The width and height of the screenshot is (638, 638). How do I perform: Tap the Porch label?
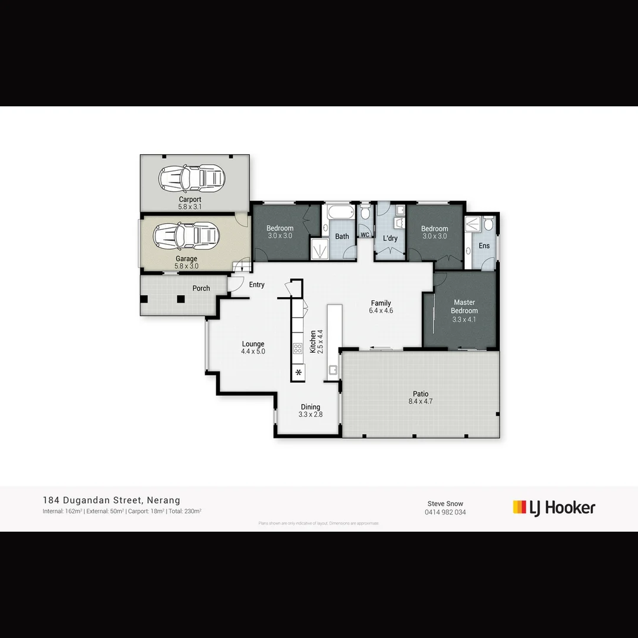[x=201, y=288]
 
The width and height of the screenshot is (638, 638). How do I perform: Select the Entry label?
[x=256, y=285]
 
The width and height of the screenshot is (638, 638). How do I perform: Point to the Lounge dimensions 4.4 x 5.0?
[x=253, y=351]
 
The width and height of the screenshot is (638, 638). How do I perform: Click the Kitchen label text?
[x=313, y=342]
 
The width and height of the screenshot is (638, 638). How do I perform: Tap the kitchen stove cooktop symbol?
[x=298, y=348]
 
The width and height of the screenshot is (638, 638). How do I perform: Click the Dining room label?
[x=310, y=406]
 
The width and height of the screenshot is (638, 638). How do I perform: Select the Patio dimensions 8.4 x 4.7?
[x=421, y=402]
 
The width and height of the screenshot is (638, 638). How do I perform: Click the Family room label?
[x=381, y=303]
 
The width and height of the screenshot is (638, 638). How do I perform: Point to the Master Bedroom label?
[x=464, y=307]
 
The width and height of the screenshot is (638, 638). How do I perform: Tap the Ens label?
[x=484, y=246]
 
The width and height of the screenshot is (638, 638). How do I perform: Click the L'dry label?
[x=390, y=239]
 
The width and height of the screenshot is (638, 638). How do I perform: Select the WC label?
[x=364, y=235]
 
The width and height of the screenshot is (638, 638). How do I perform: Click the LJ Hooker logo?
[x=554, y=507]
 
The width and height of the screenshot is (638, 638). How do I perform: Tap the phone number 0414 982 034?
[x=445, y=512]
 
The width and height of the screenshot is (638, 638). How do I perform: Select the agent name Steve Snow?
[x=445, y=503]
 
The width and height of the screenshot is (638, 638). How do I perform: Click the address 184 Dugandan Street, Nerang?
[x=111, y=500]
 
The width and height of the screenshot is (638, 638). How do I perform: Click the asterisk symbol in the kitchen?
[x=298, y=372]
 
